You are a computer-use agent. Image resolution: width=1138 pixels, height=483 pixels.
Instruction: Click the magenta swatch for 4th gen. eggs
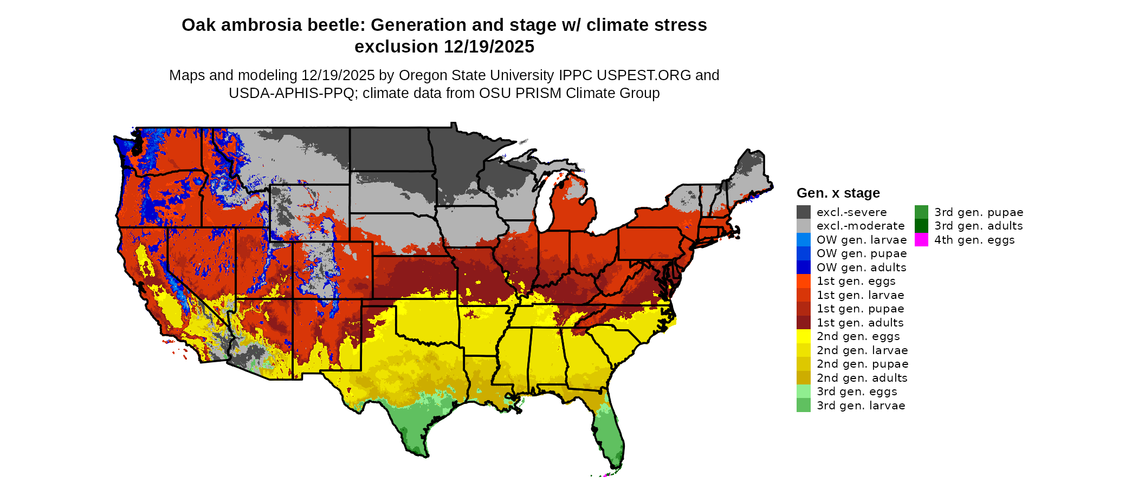[x=921, y=239]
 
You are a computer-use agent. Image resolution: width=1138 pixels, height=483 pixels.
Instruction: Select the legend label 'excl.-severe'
[x=851, y=212]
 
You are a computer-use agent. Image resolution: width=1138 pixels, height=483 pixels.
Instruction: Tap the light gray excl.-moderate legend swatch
[x=804, y=226]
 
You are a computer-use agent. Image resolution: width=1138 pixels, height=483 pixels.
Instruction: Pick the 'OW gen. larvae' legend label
[x=862, y=240]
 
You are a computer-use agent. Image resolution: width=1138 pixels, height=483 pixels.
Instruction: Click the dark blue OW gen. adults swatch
[x=804, y=267]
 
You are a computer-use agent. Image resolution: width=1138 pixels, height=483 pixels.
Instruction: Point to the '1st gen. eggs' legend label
[x=856, y=281]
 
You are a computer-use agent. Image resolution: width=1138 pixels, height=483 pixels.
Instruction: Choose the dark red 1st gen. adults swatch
[x=804, y=323]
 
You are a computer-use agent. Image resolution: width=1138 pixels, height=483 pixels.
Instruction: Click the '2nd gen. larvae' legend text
[x=862, y=350]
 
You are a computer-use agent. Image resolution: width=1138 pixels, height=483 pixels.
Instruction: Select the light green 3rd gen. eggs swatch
[x=804, y=391]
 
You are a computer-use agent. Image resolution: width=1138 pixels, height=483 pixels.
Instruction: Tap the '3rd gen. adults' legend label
[x=978, y=226]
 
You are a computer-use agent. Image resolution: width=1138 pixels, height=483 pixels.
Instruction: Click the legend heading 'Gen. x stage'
[x=838, y=193]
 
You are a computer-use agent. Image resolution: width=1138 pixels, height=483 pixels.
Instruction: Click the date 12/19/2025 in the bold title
[x=489, y=47]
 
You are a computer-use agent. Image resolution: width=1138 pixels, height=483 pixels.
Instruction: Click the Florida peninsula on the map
[x=610, y=433]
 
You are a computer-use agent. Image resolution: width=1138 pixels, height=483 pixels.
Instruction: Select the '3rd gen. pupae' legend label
[x=978, y=212]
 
